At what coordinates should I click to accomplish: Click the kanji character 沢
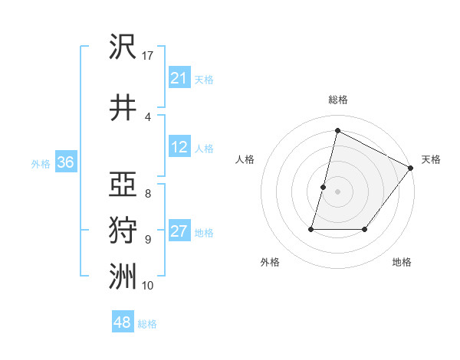[x=123, y=47]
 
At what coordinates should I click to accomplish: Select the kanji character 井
[x=123, y=108]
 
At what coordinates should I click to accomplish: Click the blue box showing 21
[x=179, y=78]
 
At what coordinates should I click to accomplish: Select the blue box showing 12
[x=179, y=148]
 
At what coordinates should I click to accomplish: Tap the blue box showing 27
[x=179, y=232]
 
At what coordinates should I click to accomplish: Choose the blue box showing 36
[x=65, y=163]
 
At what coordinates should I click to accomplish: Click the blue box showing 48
[x=123, y=322]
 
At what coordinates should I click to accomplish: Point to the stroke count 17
[x=148, y=56]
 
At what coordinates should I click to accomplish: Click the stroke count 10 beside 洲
[x=148, y=285]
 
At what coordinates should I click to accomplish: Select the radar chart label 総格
[x=338, y=100]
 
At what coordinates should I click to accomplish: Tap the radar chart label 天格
[x=431, y=159]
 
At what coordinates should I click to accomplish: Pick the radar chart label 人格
[x=245, y=159]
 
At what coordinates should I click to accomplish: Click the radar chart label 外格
[x=270, y=262]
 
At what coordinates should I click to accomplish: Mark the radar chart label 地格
[x=402, y=262]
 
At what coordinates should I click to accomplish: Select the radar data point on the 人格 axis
[x=324, y=187]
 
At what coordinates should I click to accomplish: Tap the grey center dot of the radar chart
[x=337, y=191]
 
